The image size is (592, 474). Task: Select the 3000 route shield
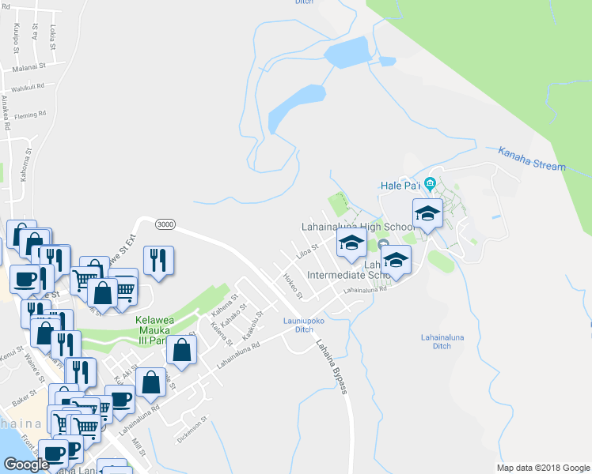[165, 224]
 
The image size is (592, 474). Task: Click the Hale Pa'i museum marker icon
[430, 185]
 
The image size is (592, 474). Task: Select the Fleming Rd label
[29, 114]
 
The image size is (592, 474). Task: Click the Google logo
[26, 464]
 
